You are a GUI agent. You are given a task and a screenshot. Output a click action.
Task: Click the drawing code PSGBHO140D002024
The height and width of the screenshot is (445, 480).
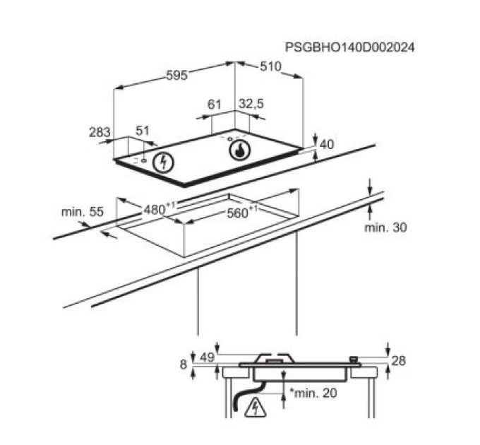tap(349, 47)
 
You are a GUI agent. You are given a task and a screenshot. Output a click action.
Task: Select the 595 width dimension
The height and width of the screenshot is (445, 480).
tap(176, 76)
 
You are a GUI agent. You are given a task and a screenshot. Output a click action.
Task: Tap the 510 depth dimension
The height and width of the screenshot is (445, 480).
tap(270, 66)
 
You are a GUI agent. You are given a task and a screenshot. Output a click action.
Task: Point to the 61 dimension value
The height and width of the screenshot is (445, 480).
tap(214, 105)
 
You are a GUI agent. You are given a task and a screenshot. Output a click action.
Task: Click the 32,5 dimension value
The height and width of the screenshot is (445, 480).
tap(251, 104)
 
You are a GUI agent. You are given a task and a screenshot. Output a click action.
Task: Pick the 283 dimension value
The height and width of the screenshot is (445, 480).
tap(100, 132)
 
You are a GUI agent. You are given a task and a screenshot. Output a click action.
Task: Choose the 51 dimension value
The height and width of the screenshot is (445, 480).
tap(143, 131)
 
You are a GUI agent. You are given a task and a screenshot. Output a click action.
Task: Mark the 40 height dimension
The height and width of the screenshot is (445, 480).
tap(327, 144)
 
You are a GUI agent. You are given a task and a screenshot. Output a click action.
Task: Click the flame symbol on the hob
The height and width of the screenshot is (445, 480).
tap(240, 150)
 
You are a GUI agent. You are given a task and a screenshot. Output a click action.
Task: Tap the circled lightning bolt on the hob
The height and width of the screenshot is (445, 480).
tap(164, 162)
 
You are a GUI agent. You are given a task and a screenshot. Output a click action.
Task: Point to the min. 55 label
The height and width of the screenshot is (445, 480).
tap(83, 212)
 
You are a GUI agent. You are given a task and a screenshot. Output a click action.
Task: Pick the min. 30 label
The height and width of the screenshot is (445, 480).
tap(385, 227)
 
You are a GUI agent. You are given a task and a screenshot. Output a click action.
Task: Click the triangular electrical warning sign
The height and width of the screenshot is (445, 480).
tap(256, 408)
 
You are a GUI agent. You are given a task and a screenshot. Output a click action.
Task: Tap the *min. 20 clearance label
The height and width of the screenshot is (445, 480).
tap(313, 393)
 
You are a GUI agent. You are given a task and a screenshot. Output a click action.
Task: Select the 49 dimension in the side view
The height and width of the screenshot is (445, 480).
tap(207, 357)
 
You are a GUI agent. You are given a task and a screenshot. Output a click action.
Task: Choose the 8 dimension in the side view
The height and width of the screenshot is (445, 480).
tap(184, 364)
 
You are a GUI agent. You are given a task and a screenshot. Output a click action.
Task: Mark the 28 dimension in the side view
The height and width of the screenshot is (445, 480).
tap(399, 361)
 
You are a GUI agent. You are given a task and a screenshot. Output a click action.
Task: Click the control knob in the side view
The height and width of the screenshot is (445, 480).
tap(354, 360)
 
